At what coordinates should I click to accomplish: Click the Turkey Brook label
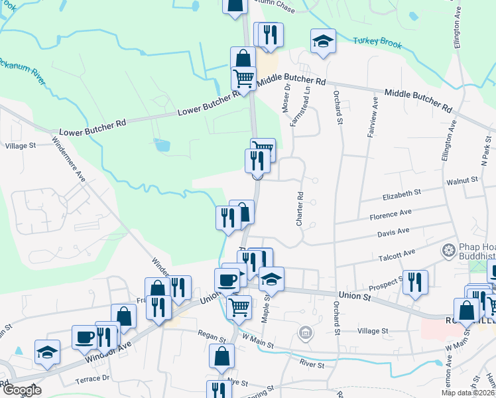[x=377, y=42]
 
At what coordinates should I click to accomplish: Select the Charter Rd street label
[x=300, y=208]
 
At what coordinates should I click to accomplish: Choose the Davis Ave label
[x=393, y=232]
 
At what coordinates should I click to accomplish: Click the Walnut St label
[x=462, y=180]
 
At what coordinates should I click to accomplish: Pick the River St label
[x=312, y=364]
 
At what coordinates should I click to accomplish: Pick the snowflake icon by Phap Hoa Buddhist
[x=449, y=251]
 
